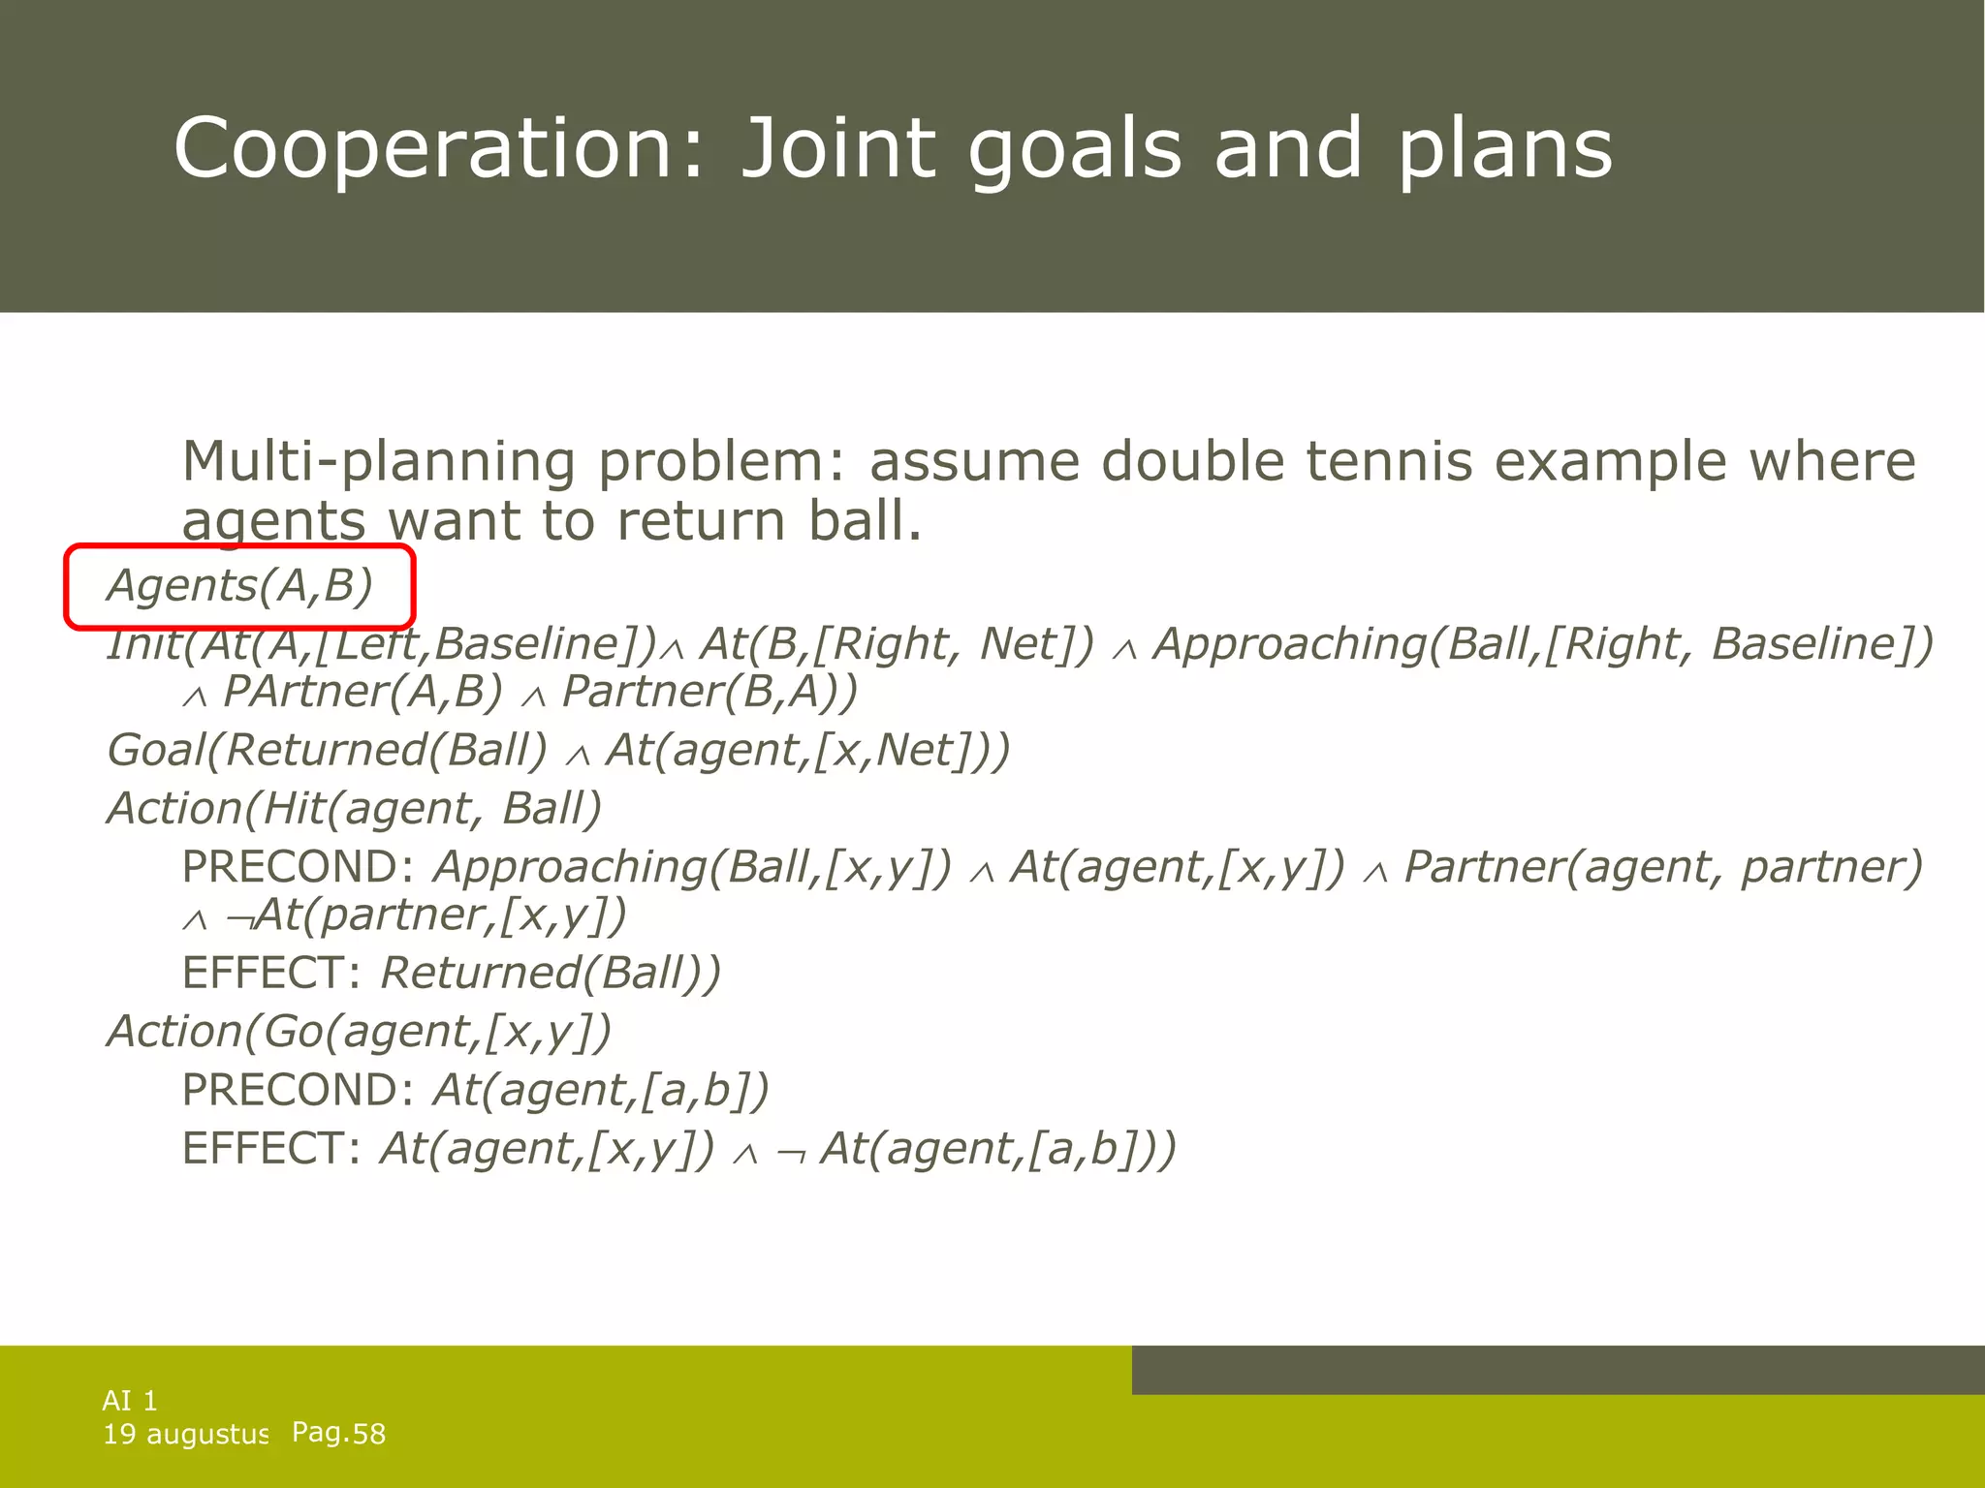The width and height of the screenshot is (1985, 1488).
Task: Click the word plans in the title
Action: pyautogui.click(x=1504, y=148)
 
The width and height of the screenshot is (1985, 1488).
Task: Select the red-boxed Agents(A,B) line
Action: pyautogui.click(x=239, y=586)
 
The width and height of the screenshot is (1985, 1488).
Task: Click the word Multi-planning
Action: pyautogui.click(x=378, y=462)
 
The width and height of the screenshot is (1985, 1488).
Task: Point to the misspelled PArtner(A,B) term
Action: pyautogui.click(x=362, y=692)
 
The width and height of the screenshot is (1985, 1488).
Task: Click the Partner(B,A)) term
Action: pyautogui.click(x=709, y=692)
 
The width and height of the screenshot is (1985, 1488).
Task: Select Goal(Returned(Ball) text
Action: pyautogui.click(x=327, y=750)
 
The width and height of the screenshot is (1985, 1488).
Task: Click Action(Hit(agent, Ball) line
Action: pyautogui.click(x=355, y=808)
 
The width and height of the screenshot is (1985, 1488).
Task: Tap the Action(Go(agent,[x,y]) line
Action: pyautogui.click(x=359, y=1031)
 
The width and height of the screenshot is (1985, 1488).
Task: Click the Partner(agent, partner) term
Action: pyautogui.click(x=1662, y=866)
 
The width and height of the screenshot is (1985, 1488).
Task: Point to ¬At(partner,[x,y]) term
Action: pyautogui.click(x=426, y=914)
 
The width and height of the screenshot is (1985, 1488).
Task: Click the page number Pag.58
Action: pyautogui.click(x=338, y=1433)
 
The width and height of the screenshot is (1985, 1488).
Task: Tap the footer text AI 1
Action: pyautogui.click(x=130, y=1400)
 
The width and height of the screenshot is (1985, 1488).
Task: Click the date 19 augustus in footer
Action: pyautogui.click(x=184, y=1434)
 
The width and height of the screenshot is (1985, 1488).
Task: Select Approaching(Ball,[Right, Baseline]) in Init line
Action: pyautogui.click(x=1544, y=644)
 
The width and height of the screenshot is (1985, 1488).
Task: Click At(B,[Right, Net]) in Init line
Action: pyautogui.click(x=897, y=644)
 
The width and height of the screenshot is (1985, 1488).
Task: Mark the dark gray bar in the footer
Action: pyautogui.click(x=1557, y=1369)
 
